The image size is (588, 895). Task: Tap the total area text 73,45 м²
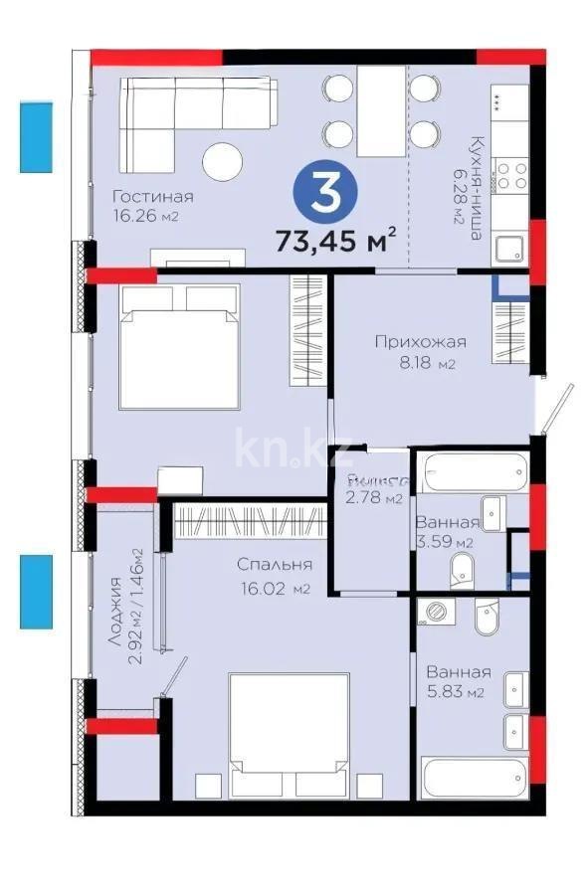(337, 240)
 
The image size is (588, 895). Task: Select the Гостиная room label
(152, 196)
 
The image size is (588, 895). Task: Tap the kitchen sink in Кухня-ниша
(509, 249)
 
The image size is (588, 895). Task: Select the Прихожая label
(420, 343)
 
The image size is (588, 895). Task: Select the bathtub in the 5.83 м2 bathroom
(473, 777)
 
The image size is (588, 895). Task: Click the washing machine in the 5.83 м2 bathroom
(434, 612)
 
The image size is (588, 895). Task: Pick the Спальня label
(267, 565)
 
